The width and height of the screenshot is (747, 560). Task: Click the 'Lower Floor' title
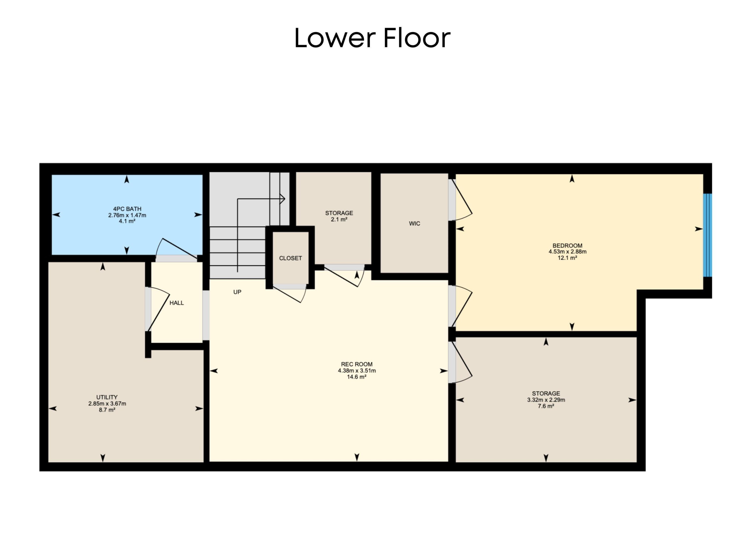point(372,38)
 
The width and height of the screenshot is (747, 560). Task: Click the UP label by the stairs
point(237,292)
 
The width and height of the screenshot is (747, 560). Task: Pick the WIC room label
point(414,224)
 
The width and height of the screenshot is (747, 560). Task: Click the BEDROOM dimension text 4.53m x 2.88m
point(567,252)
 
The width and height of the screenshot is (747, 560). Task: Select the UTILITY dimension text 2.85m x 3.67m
point(107,404)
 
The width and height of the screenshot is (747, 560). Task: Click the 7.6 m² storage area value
point(546,406)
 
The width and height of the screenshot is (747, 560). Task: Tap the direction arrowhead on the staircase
point(283,199)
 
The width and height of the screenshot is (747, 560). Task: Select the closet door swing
point(290,293)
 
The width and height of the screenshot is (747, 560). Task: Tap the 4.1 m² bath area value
point(127,221)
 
